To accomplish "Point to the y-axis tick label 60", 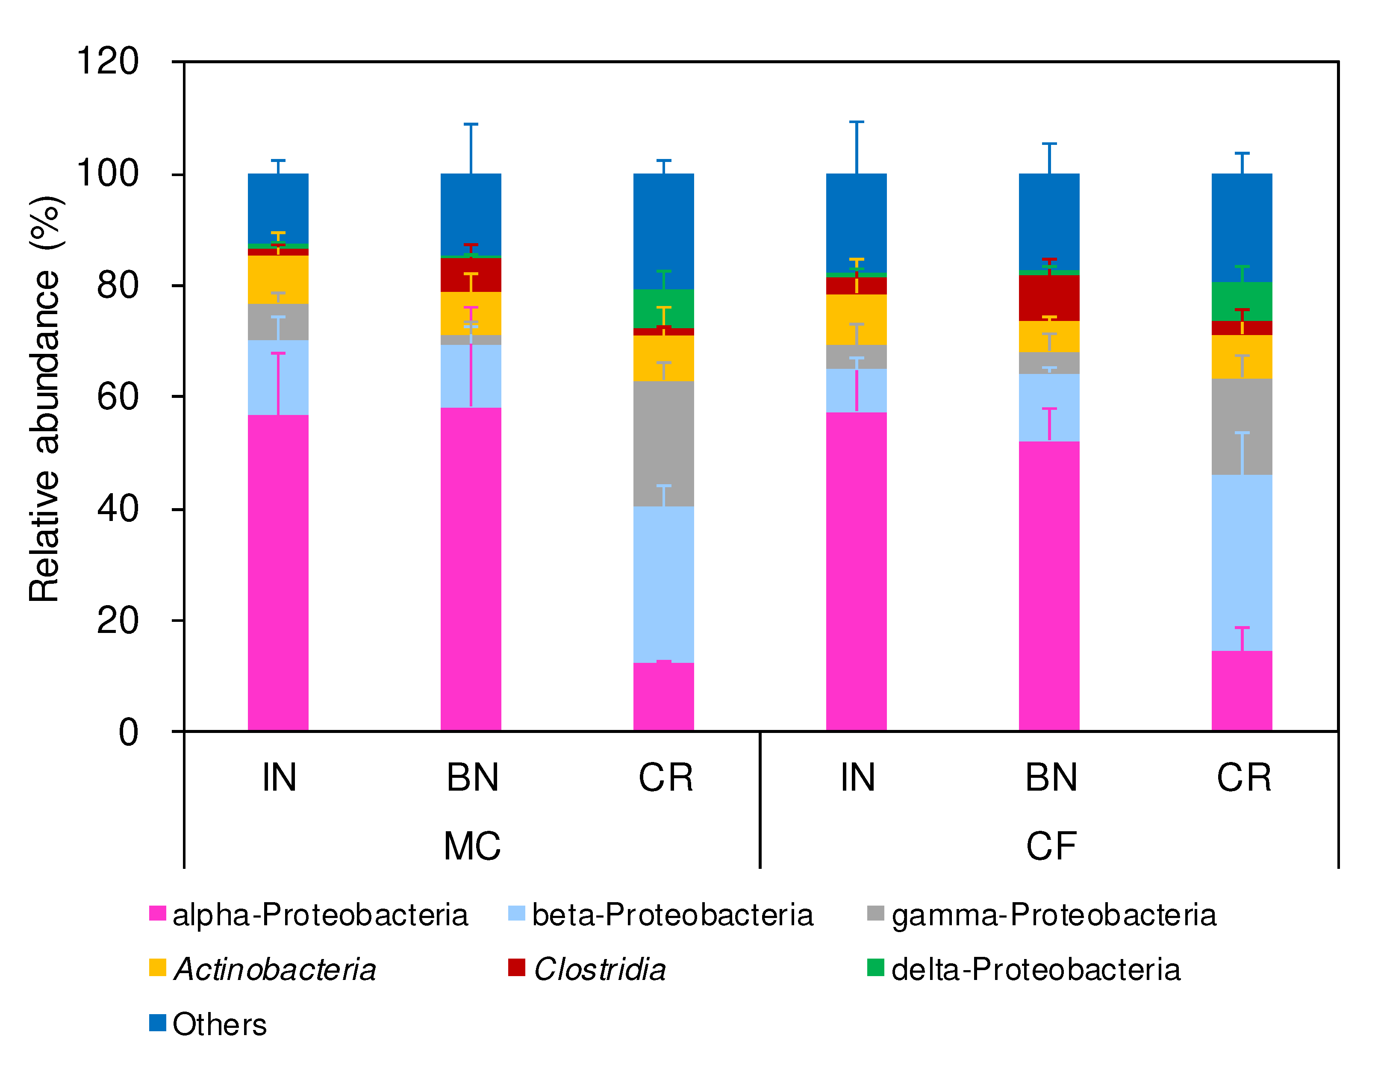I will click(118, 397).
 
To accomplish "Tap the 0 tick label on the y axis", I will click(129, 733).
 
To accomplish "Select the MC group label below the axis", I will click(472, 846).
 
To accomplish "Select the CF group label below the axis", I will click(1051, 846).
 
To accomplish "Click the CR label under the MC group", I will click(665, 777).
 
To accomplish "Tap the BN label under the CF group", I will click(1051, 777).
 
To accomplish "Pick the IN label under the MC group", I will click(279, 777).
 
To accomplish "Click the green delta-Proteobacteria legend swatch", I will click(875, 967).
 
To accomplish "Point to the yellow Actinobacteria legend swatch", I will click(157, 967).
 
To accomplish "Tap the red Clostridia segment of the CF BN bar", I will click(1048, 298).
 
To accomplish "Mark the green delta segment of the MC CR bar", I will click(663, 309).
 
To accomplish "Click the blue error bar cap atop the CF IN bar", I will click(856, 122).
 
